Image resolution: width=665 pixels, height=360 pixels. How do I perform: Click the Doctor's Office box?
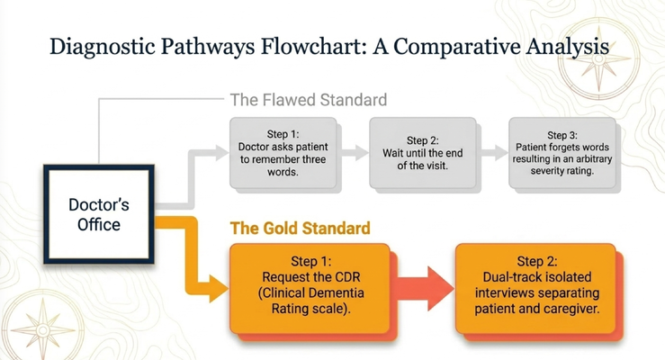(x=99, y=214)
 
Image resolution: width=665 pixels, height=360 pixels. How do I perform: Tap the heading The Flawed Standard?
(x=309, y=100)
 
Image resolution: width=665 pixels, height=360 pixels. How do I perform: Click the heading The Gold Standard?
(x=301, y=228)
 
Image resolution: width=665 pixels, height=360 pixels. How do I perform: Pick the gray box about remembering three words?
(x=283, y=153)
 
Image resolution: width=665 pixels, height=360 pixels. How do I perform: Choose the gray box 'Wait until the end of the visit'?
(x=422, y=153)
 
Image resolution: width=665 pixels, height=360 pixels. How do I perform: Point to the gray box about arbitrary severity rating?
(x=562, y=153)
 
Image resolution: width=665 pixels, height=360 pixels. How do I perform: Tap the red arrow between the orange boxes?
(x=424, y=289)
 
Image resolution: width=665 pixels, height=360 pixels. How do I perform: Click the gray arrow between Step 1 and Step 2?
(x=354, y=153)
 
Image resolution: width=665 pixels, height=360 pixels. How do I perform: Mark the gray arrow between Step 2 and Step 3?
(x=494, y=153)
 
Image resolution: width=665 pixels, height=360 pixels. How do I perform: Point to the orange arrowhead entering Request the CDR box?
(x=219, y=289)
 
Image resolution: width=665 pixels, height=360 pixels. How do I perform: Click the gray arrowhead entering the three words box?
(x=221, y=153)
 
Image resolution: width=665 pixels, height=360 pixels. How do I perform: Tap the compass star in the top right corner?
(x=598, y=58)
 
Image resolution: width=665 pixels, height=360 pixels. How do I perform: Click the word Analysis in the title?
(x=568, y=46)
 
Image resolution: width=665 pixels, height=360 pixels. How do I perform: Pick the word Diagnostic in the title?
(x=102, y=46)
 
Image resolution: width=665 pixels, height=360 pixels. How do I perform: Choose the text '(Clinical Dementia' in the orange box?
(x=310, y=292)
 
